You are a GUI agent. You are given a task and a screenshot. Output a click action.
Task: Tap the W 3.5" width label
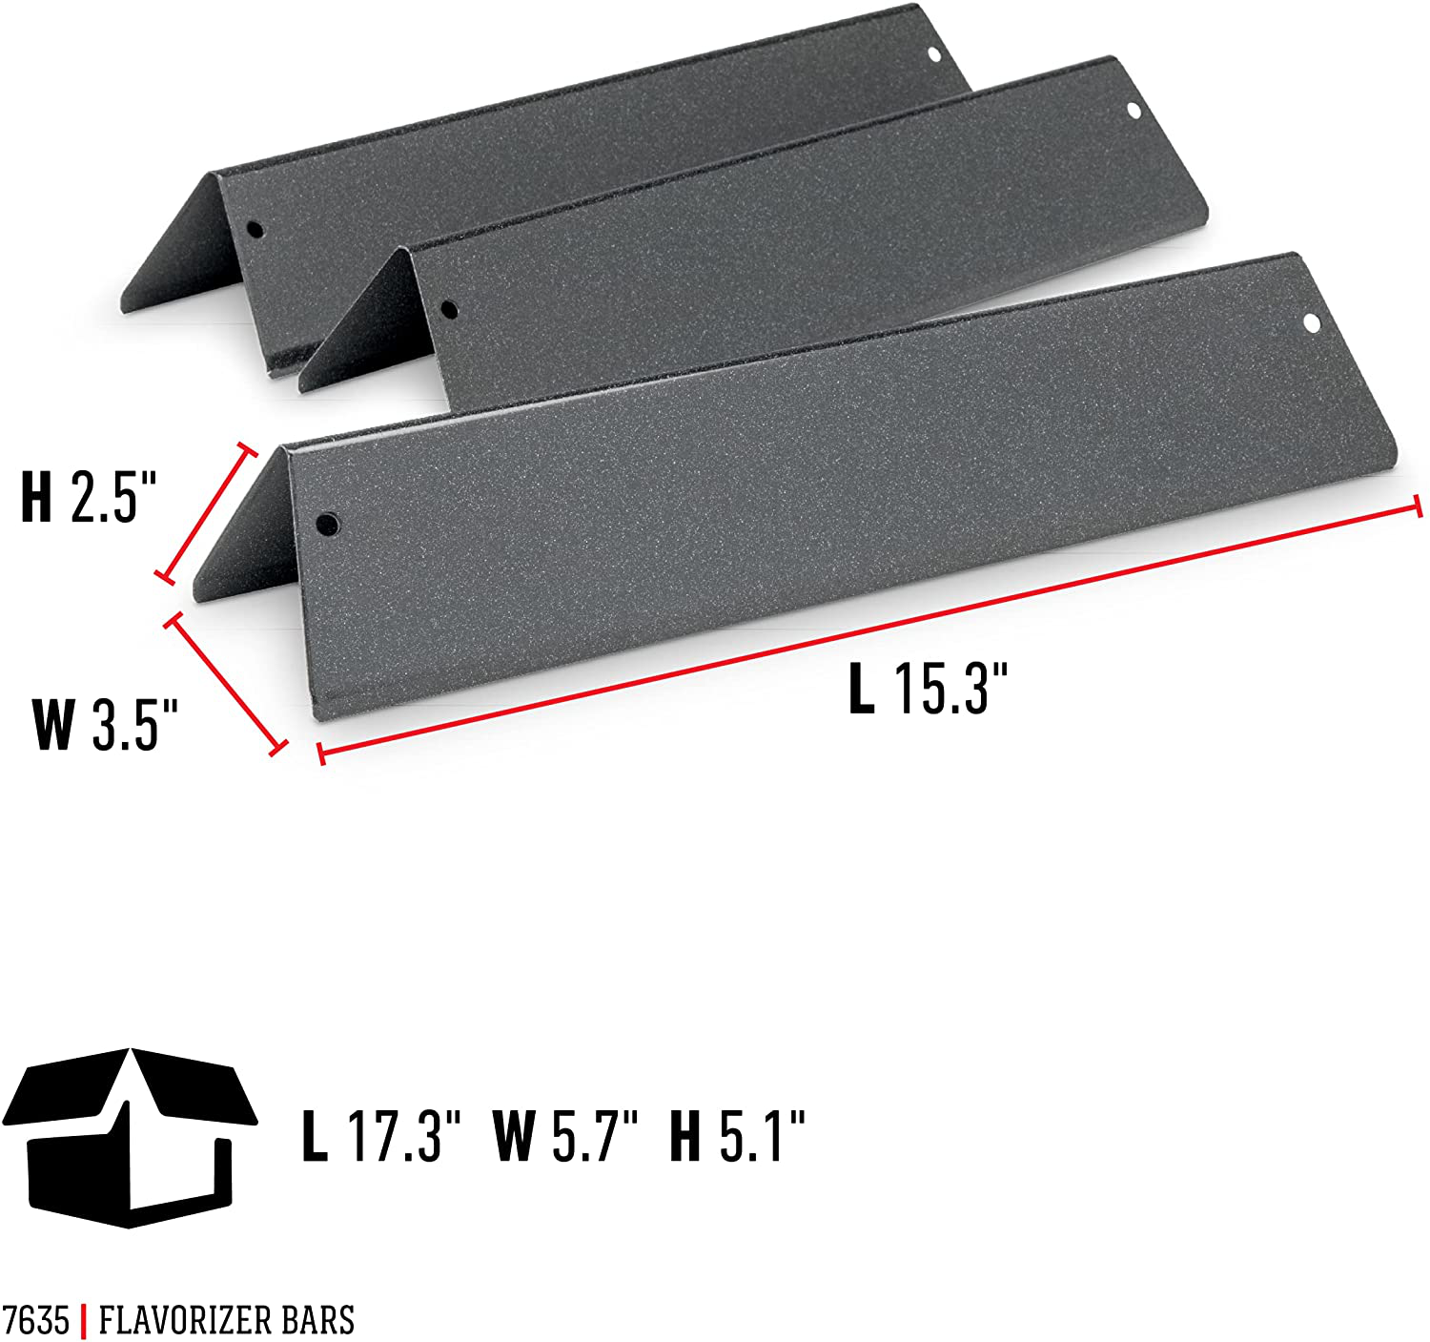point(105,724)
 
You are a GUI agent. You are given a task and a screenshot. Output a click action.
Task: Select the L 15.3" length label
point(927,688)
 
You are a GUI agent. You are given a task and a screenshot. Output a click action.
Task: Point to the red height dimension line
point(208,511)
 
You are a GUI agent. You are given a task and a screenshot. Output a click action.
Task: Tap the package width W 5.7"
point(564,1135)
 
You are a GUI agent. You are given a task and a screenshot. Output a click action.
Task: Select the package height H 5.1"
point(738,1135)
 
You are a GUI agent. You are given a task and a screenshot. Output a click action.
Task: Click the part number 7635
point(35,1321)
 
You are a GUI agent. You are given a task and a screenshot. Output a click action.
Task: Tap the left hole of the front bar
point(327,523)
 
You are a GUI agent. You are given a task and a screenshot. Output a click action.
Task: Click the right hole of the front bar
point(1312,323)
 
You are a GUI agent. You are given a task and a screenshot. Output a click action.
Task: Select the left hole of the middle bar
point(448,309)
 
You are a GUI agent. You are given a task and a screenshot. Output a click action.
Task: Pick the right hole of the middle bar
point(1134,111)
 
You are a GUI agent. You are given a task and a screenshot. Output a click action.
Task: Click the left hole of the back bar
point(254,230)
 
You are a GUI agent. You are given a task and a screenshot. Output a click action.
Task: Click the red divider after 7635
point(84,1321)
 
